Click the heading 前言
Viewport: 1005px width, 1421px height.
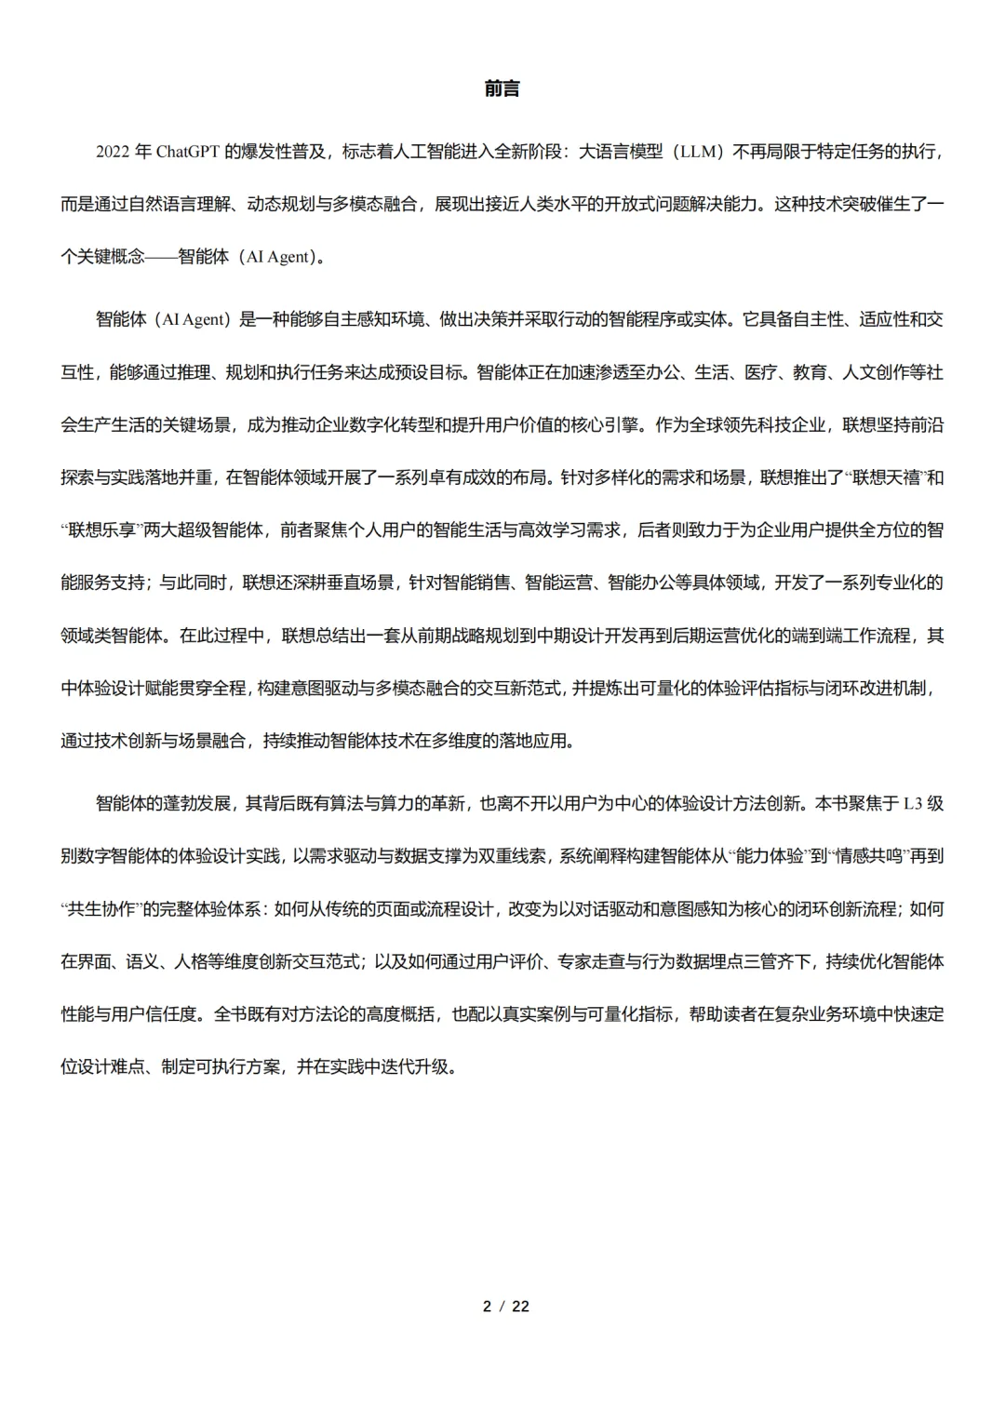502,89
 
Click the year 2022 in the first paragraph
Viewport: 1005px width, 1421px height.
112,152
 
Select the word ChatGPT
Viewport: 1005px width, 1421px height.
187,152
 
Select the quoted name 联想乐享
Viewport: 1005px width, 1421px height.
102,530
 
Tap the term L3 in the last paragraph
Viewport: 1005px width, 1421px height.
912,803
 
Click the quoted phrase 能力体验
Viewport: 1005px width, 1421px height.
770,856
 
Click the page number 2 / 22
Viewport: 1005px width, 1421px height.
505,1307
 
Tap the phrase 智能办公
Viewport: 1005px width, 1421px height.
641,583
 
